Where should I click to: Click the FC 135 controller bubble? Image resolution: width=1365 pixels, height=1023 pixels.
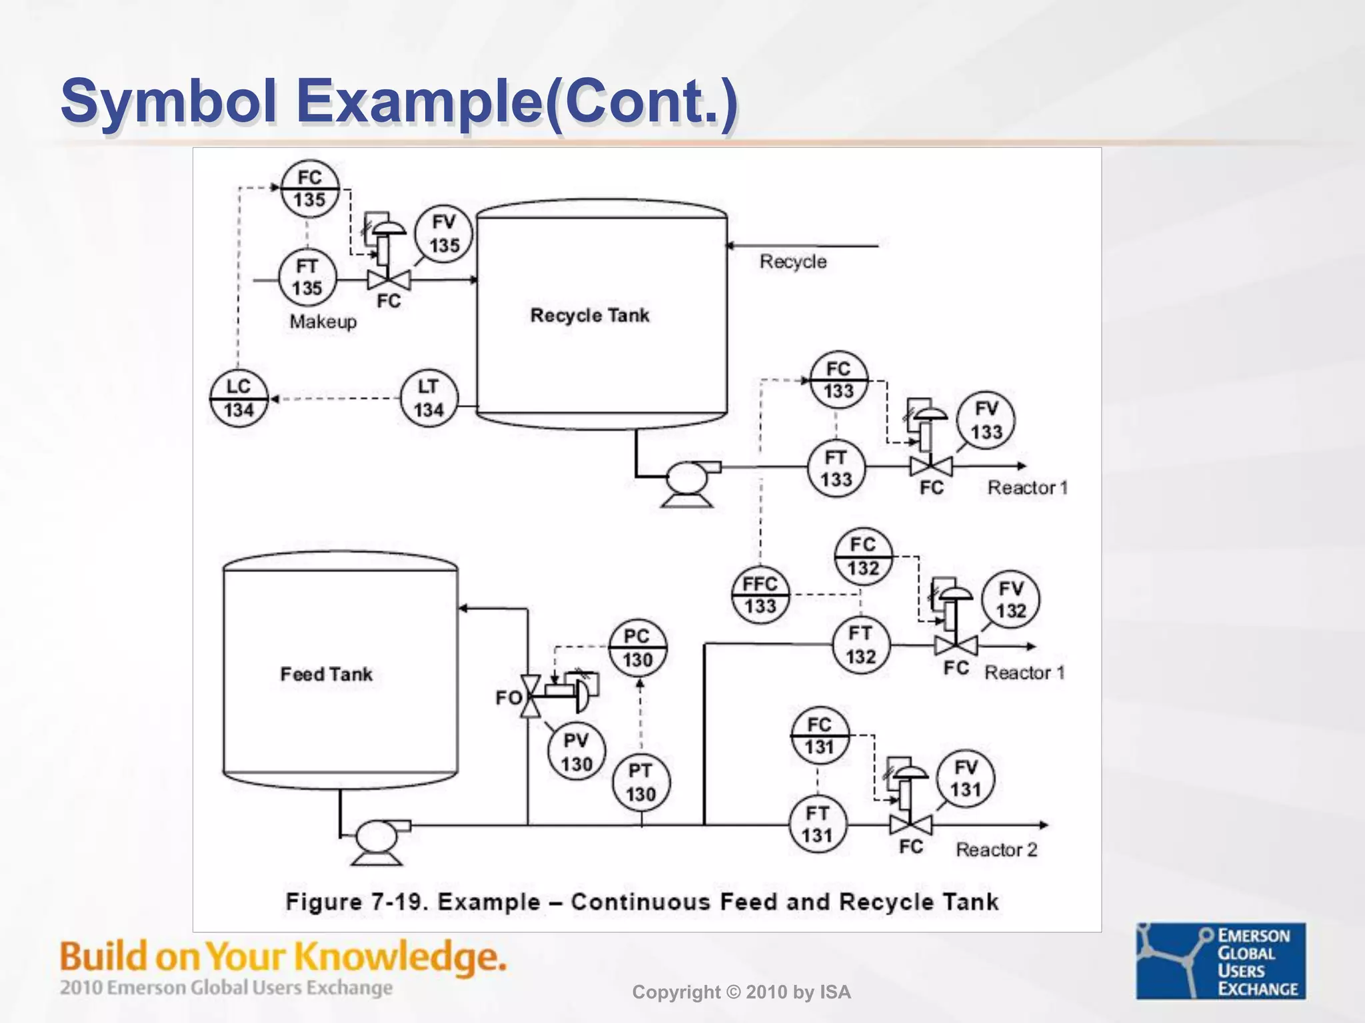[x=309, y=188]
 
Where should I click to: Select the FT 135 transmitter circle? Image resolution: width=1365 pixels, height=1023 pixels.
[x=307, y=278]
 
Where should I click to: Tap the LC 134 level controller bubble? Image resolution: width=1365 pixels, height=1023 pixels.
[x=239, y=398]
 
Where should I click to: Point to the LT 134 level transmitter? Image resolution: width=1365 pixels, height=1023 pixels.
[x=429, y=398]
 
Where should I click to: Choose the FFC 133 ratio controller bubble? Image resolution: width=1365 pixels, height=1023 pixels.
[x=760, y=595]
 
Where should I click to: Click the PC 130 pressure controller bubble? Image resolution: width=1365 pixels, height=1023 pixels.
[x=637, y=647]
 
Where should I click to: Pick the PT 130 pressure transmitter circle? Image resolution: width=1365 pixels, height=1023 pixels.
[x=641, y=783]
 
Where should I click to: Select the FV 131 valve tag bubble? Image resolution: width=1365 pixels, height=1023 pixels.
[x=966, y=778]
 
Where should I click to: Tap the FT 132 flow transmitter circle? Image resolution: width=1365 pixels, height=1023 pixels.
[x=860, y=645]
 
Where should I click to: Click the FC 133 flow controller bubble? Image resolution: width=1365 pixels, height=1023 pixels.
[x=838, y=380]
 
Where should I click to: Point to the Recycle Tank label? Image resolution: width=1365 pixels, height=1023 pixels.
[x=589, y=315]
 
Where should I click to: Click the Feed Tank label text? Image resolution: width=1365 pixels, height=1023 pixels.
[x=326, y=674]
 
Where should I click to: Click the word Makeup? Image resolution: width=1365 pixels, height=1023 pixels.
[x=323, y=322]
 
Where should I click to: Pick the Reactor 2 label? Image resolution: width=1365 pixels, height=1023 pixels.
[x=996, y=850]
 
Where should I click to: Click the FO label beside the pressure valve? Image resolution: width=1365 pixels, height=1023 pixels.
[x=508, y=698]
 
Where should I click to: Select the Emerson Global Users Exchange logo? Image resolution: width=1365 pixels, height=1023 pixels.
[x=1220, y=960]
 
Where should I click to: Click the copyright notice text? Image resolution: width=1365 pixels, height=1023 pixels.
[x=741, y=992]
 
